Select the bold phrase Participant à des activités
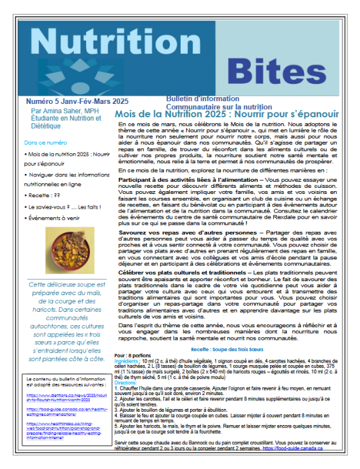[x=173, y=179]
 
